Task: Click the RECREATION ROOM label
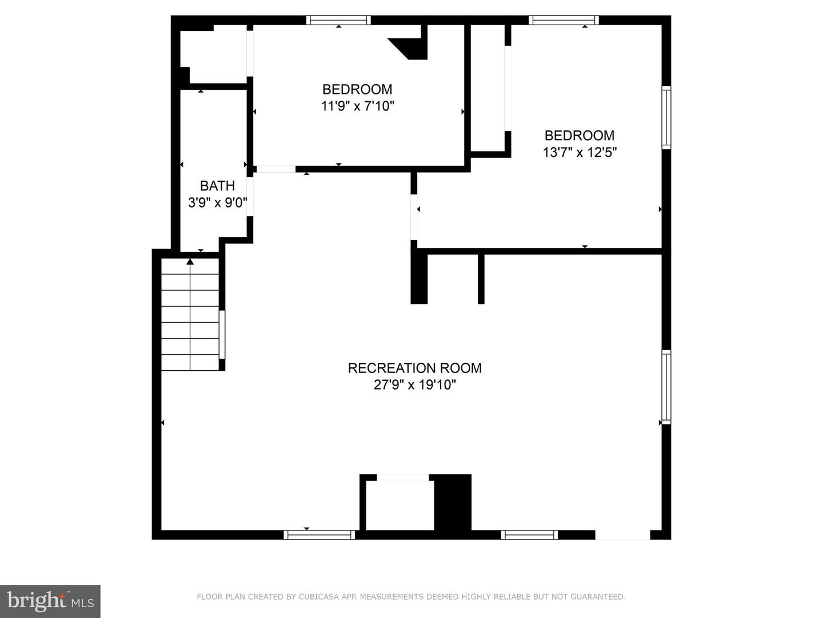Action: click(414, 368)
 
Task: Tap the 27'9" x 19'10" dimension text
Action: click(414, 385)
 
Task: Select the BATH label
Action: click(217, 186)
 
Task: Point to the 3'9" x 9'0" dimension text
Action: click(217, 203)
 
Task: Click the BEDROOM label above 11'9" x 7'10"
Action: click(357, 89)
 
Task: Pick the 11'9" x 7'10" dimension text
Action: click(357, 106)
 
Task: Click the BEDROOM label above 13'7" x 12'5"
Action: click(579, 136)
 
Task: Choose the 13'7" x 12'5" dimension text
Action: click(579, 152)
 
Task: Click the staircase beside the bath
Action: click(190, 315)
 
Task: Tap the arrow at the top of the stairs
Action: click(190, 262)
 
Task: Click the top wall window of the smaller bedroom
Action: click(338, 20)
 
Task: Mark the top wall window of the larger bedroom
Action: click(564, 20)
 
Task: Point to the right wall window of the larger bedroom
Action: click(666, 117)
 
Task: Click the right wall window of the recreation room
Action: click(666, 387)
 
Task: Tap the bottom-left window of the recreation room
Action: click(319, 535)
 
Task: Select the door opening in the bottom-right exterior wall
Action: click(622, 535)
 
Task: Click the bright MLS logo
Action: click(50, 601)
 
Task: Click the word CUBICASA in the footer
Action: click(319, 597)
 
